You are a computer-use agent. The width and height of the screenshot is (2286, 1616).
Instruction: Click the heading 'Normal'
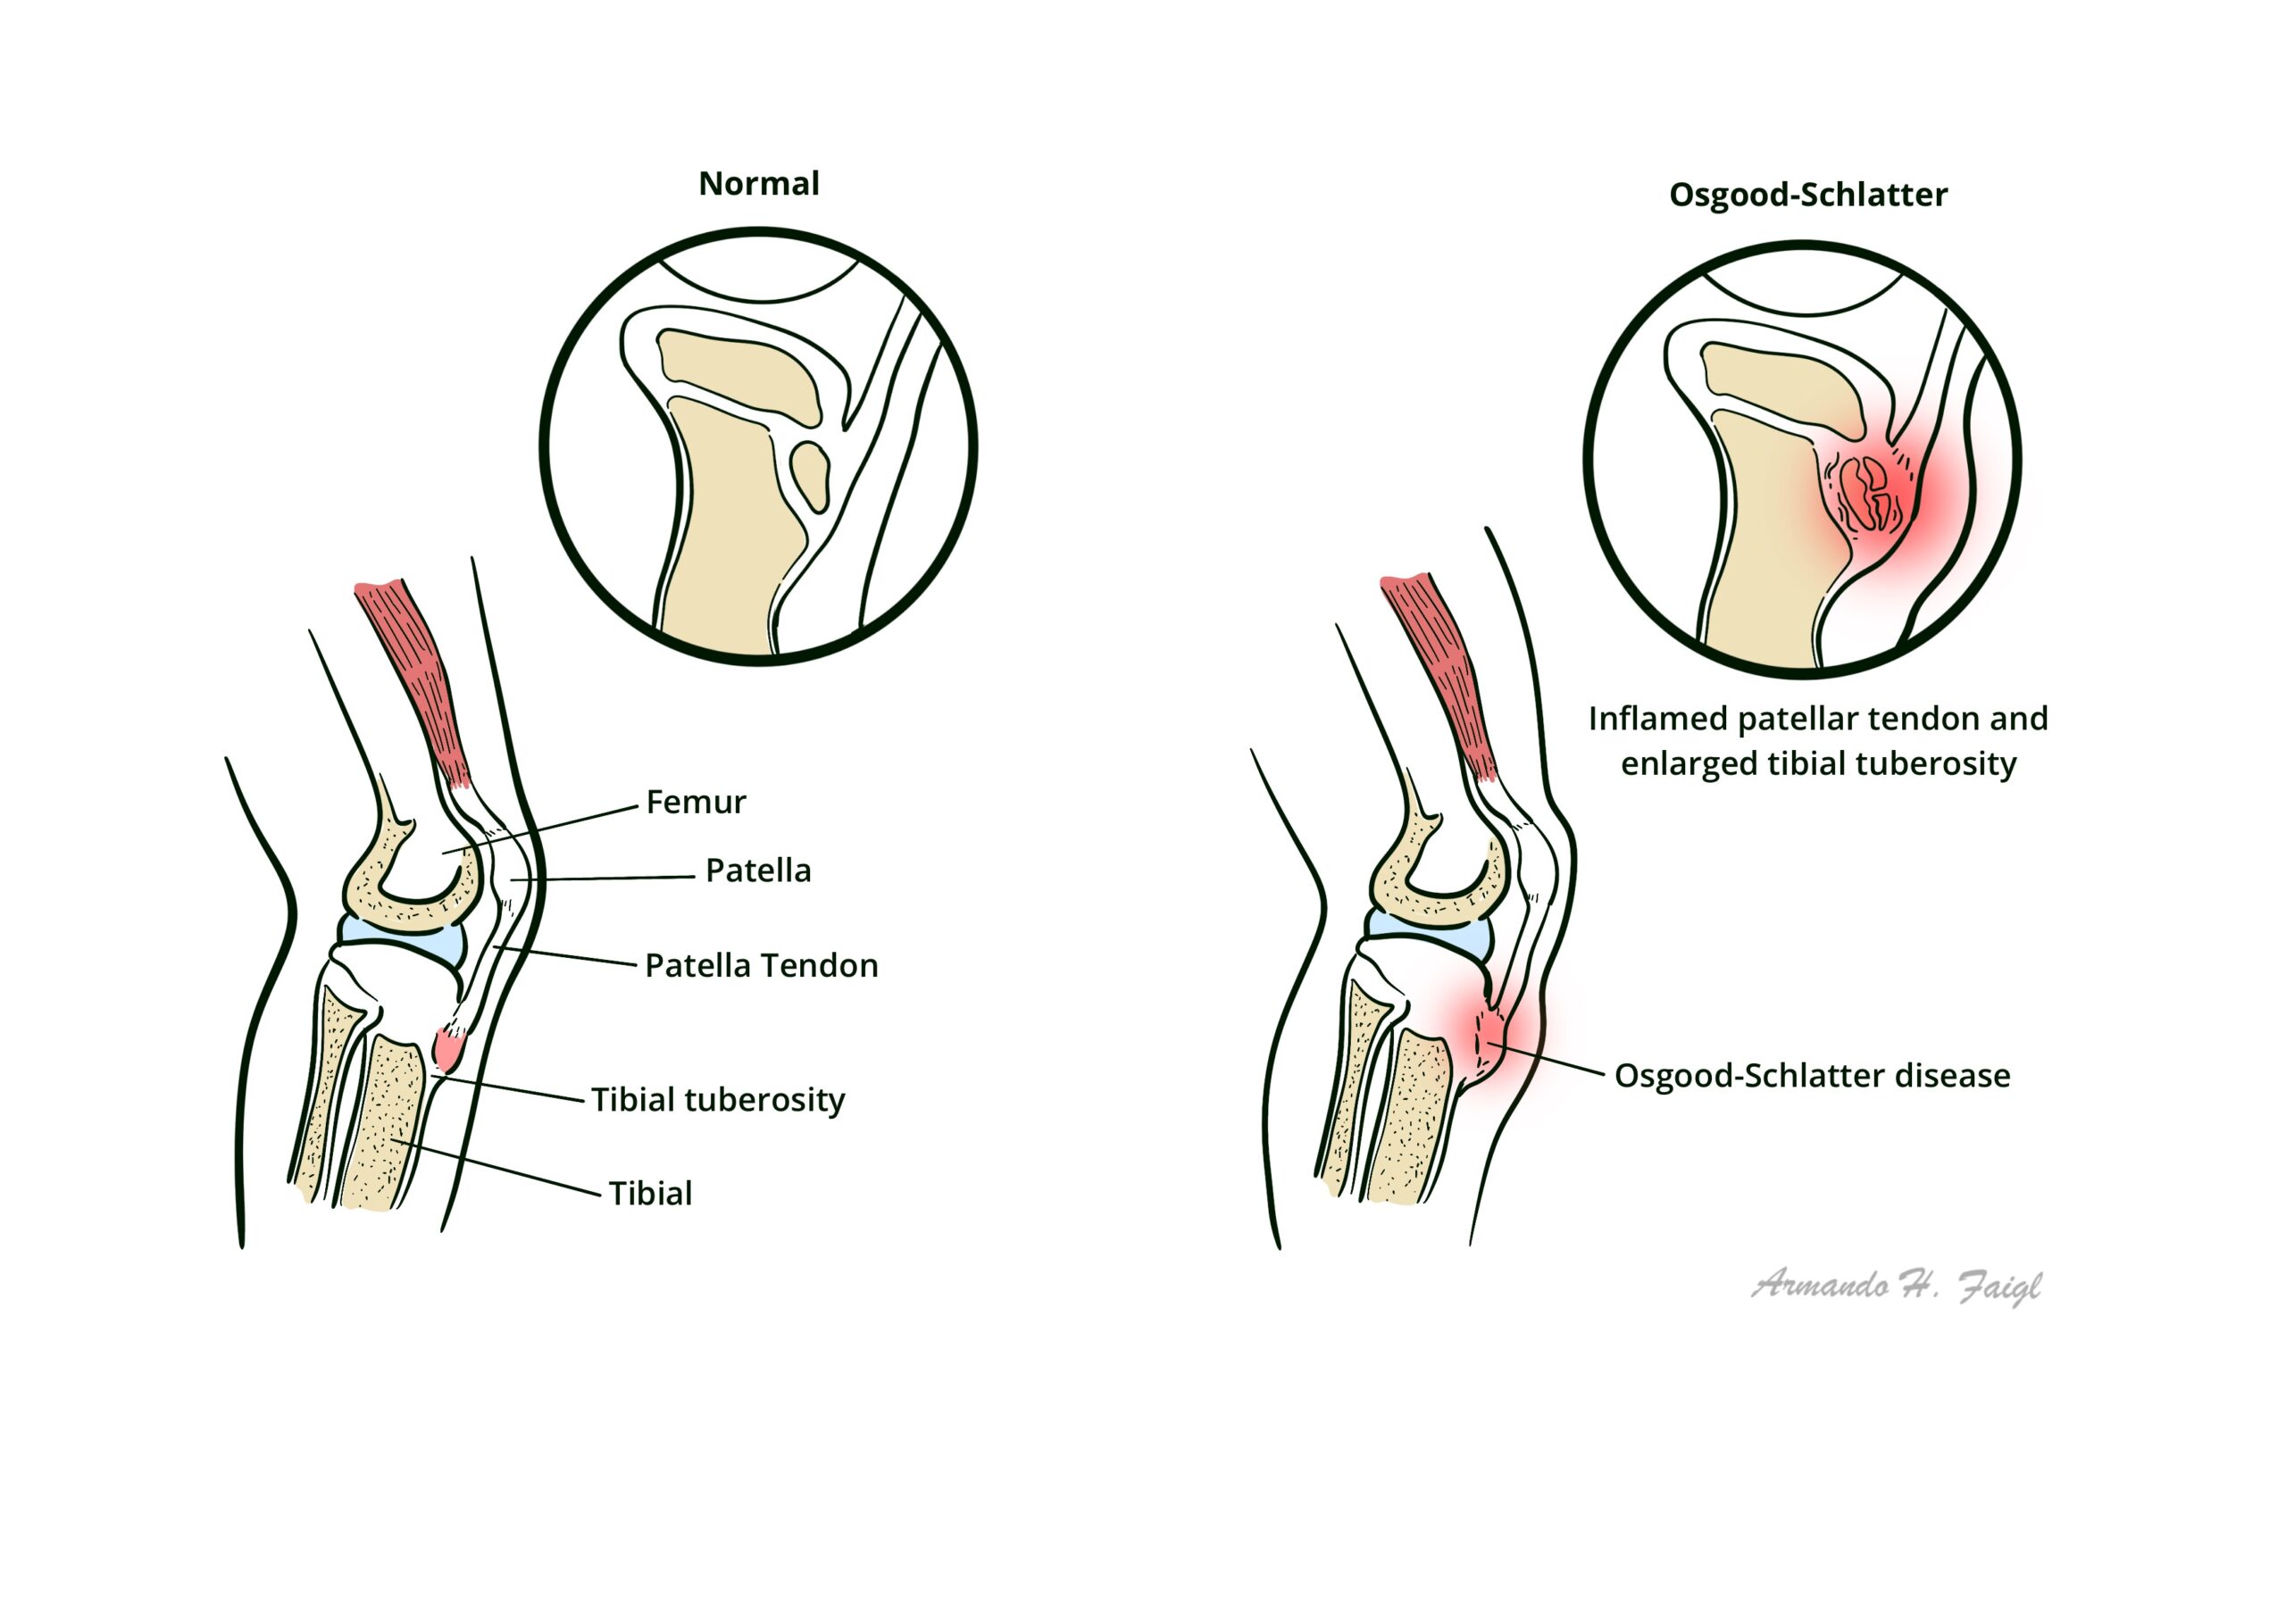[x=759, y=184]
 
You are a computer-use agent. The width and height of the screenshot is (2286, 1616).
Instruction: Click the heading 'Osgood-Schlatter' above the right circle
[x=1807, y=196]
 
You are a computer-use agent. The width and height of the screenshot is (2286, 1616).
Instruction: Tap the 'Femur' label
[x=695, y=803]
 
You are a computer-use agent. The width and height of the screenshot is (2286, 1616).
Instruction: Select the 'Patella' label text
[x=758, y=871]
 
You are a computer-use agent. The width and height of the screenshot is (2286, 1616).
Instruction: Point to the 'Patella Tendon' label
[x=761, y=966]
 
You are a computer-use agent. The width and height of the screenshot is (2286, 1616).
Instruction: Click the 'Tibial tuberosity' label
[x=717, y=1100]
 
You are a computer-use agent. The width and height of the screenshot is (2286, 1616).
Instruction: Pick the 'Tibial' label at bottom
[x=649, y=1194]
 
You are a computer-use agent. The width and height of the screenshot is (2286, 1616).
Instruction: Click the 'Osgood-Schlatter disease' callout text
[x=1811, y=1077]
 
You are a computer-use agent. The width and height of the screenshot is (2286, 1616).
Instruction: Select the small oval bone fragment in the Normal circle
[x=809, y=476]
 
